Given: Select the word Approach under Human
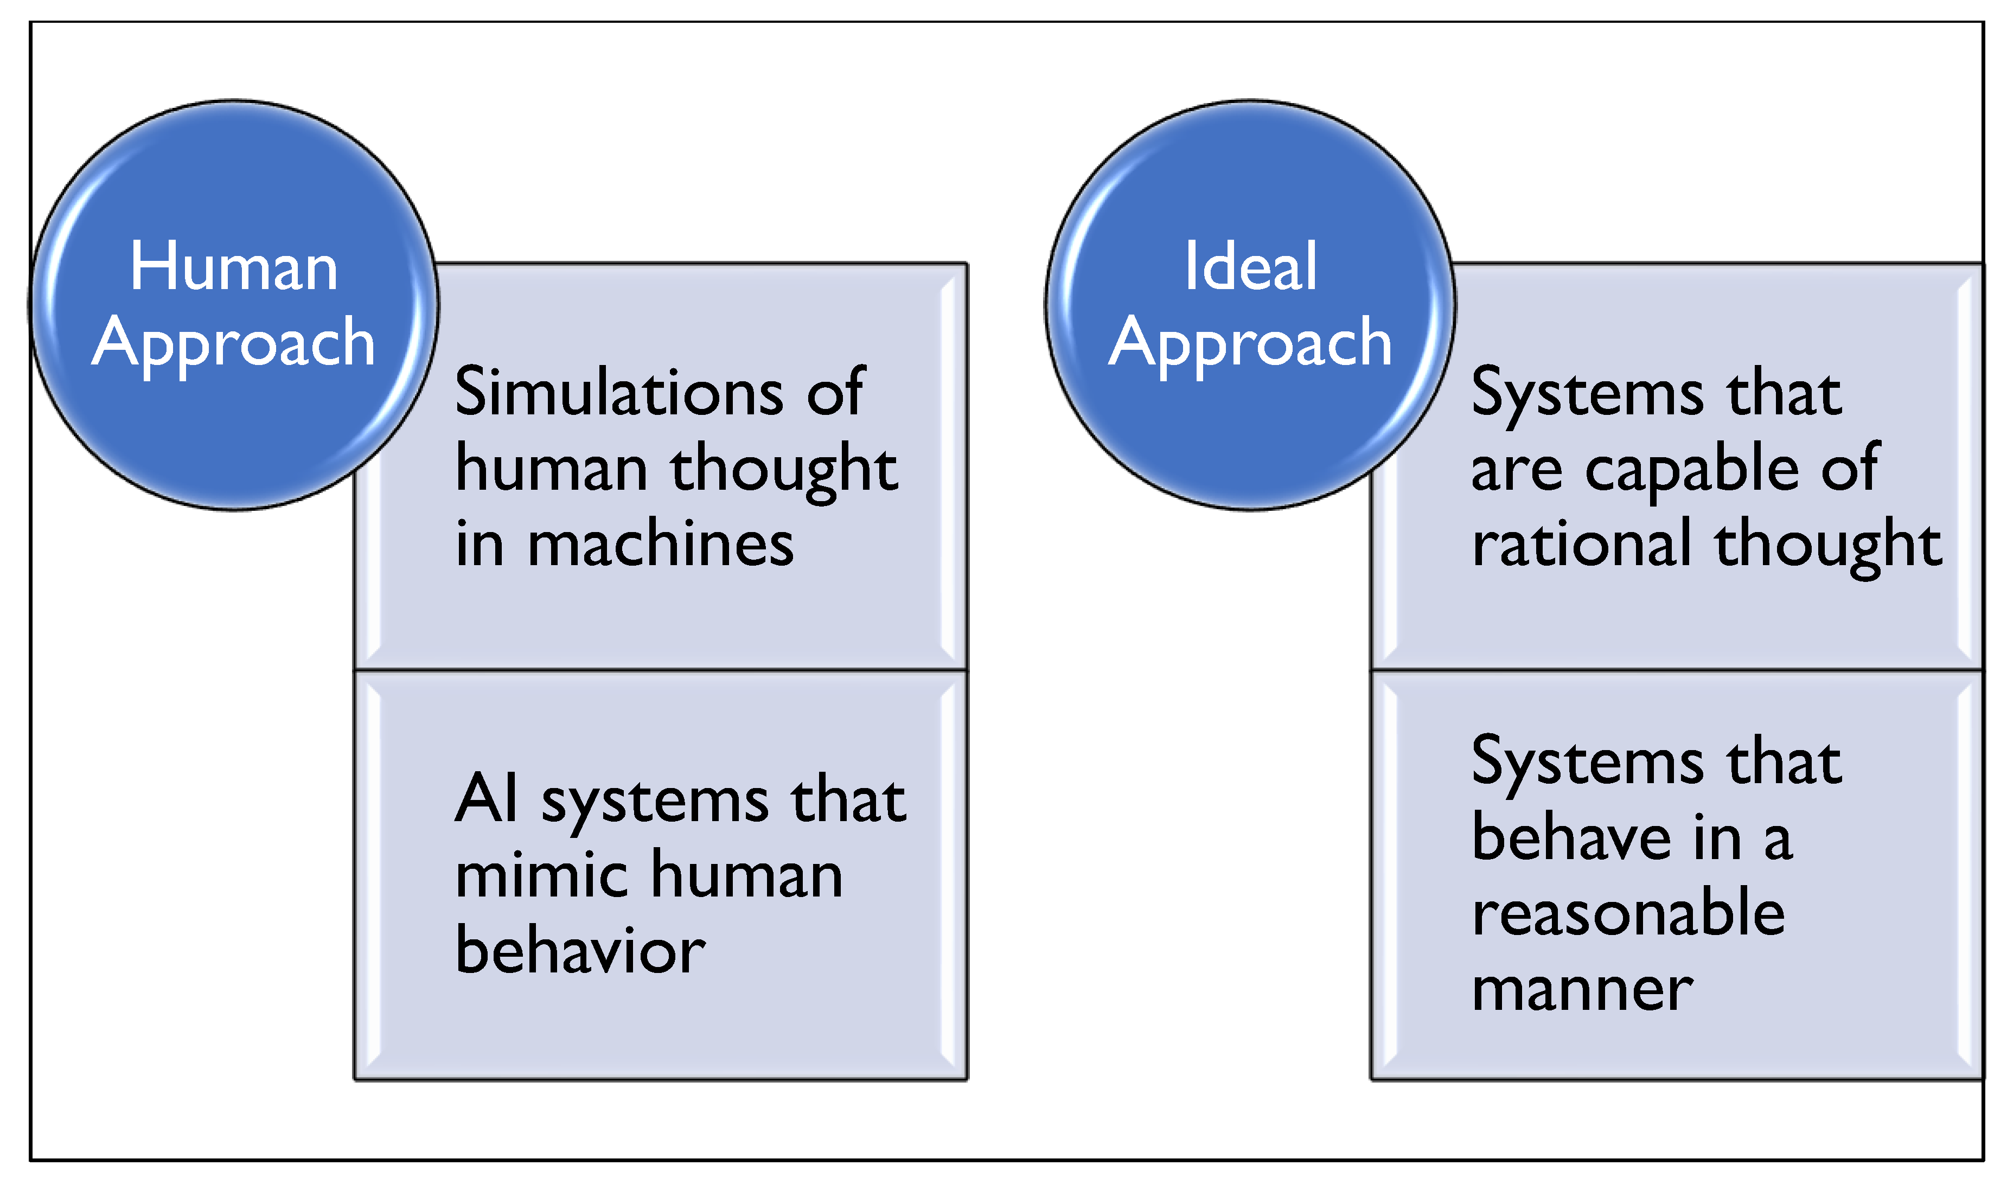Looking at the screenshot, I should [x=234, y=343].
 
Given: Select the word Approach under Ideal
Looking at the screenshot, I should [x=1250, y=343].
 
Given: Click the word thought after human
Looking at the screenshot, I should [x=783, y=470].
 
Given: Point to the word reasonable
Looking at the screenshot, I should [x=1628, y=914].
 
